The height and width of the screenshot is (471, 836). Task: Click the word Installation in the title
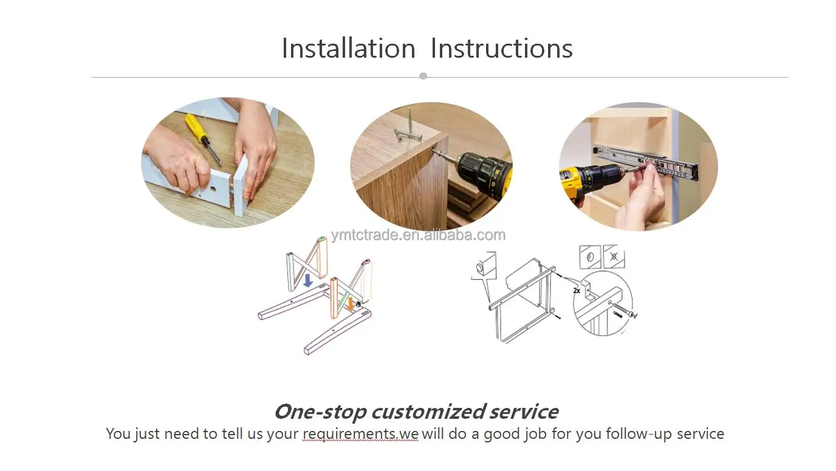click(348, 48)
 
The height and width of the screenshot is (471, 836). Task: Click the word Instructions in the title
click(502, 48)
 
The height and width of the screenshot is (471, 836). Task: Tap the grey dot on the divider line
click(423, 76)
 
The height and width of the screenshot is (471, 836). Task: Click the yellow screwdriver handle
click(194, 126)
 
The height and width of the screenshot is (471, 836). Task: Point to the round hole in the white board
click(213, 189)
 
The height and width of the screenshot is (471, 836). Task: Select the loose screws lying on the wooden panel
click(408, 129)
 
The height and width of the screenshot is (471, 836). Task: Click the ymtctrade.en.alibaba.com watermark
click(418, 235)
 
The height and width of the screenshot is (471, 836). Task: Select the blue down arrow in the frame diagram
click(308, 280)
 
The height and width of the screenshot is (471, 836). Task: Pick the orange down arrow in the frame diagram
click(351, 303)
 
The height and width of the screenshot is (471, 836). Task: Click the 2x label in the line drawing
click(577, 291)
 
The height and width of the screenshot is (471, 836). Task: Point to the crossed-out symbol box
click(614, 257)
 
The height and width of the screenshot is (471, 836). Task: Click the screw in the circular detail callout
click(623, 310)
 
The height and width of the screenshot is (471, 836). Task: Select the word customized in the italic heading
click(429, 412)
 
